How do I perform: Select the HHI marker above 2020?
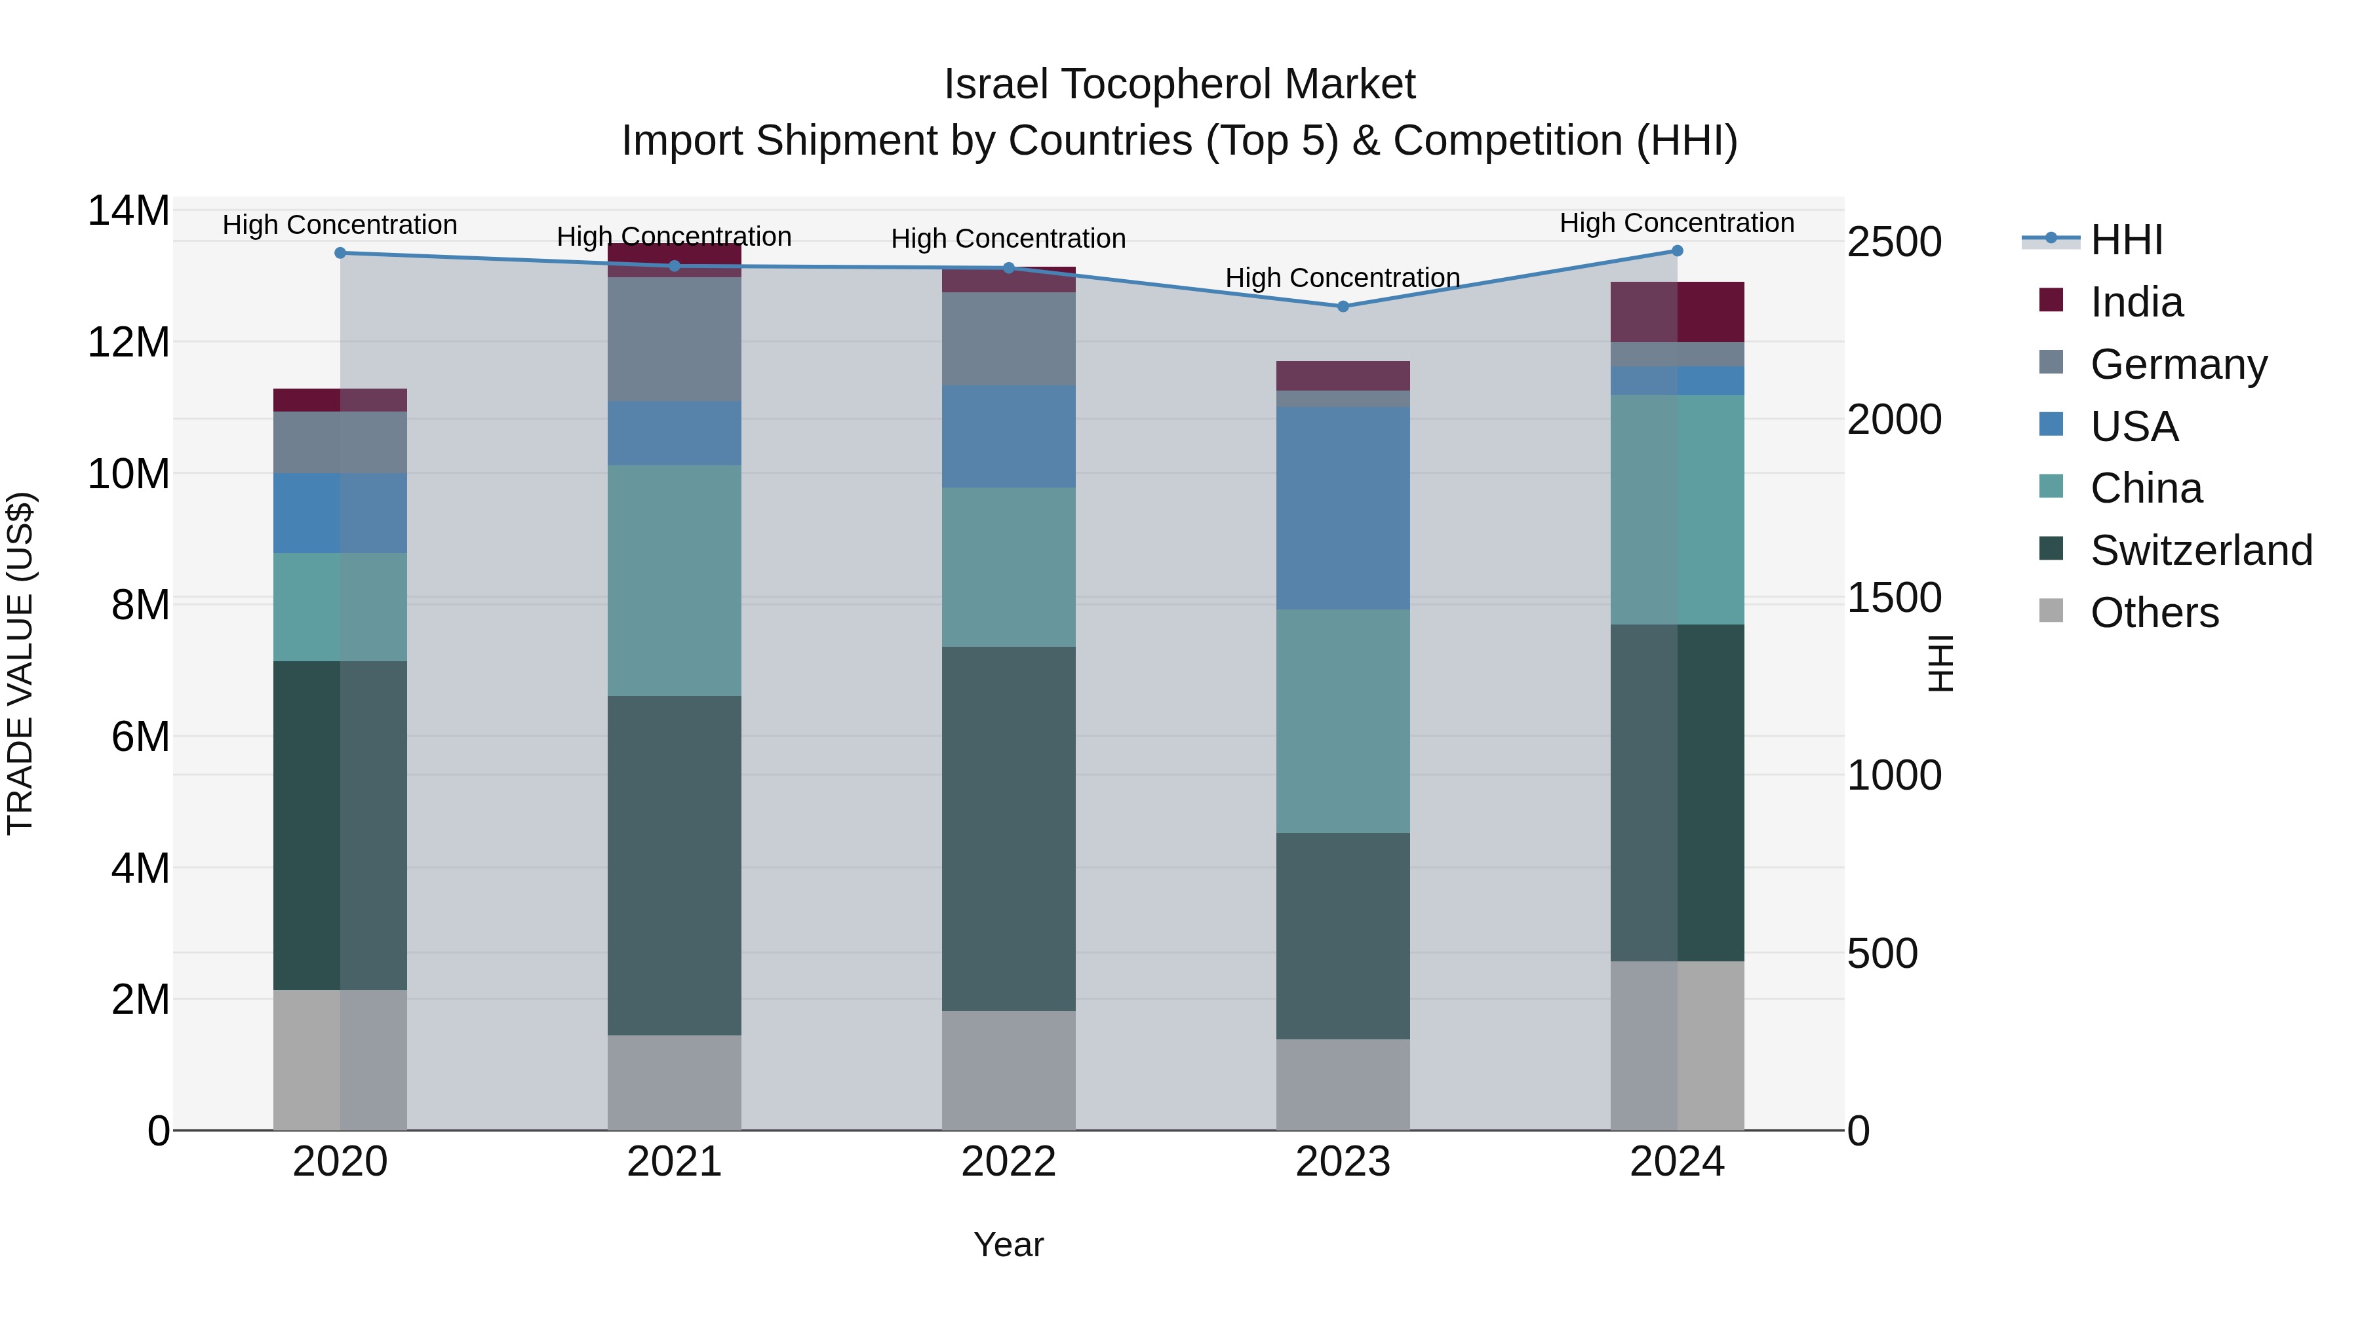click(x=340, y=253)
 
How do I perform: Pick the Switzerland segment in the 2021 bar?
click(x=675, y=866)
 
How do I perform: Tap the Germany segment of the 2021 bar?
click(x=675, y=339)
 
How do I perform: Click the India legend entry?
click(x=2134, y=302)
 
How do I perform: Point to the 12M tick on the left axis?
click(x=128, y=343)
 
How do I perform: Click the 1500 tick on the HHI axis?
click(x=1894, y=598)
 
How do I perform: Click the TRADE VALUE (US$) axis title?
click(x=20, y=663)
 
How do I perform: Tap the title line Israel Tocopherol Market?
click(x=1179, y=85)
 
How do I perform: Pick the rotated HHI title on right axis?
click(x=1940, y=663)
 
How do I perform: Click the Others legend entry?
click(x=2153, y=613)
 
